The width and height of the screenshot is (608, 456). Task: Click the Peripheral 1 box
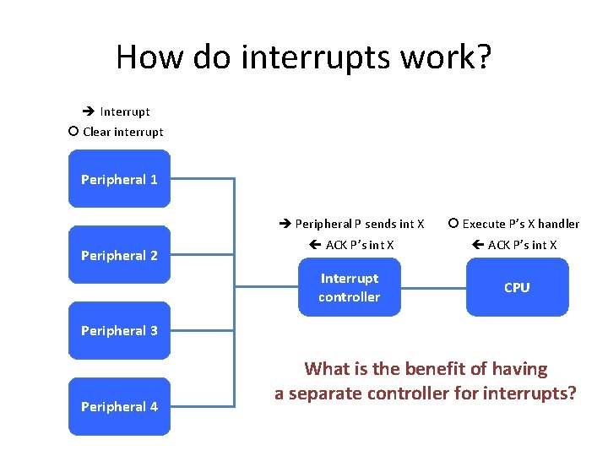pyautogui.click(x=119, y=179)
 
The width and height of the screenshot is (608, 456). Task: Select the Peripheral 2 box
pyautogui.click(x=119, y=255)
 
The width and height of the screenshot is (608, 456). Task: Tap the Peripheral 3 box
pyautogui.click(x=119, y=330)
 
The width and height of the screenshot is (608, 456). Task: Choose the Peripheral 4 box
pyautogui.click(x=119, y=406)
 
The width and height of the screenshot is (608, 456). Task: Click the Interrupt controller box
pyautogui.click(x=349, y=287)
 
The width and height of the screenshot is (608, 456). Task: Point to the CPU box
pyautogui.click(x=517, y=287)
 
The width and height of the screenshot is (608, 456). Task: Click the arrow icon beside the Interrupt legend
pyautogui.click(x=88, y=111)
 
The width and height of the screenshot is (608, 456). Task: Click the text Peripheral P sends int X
pyautogui.click(x=359, y=224)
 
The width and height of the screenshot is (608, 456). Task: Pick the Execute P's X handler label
pyautogui.click(x=521, y=224)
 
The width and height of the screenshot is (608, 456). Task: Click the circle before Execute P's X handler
pyautogui.click(x=453, y=224)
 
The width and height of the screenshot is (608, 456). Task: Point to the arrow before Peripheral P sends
pyautogui.click(x=285, y=224)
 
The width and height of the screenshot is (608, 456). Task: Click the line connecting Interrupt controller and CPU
pyautogui.click(x=433, y=287)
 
